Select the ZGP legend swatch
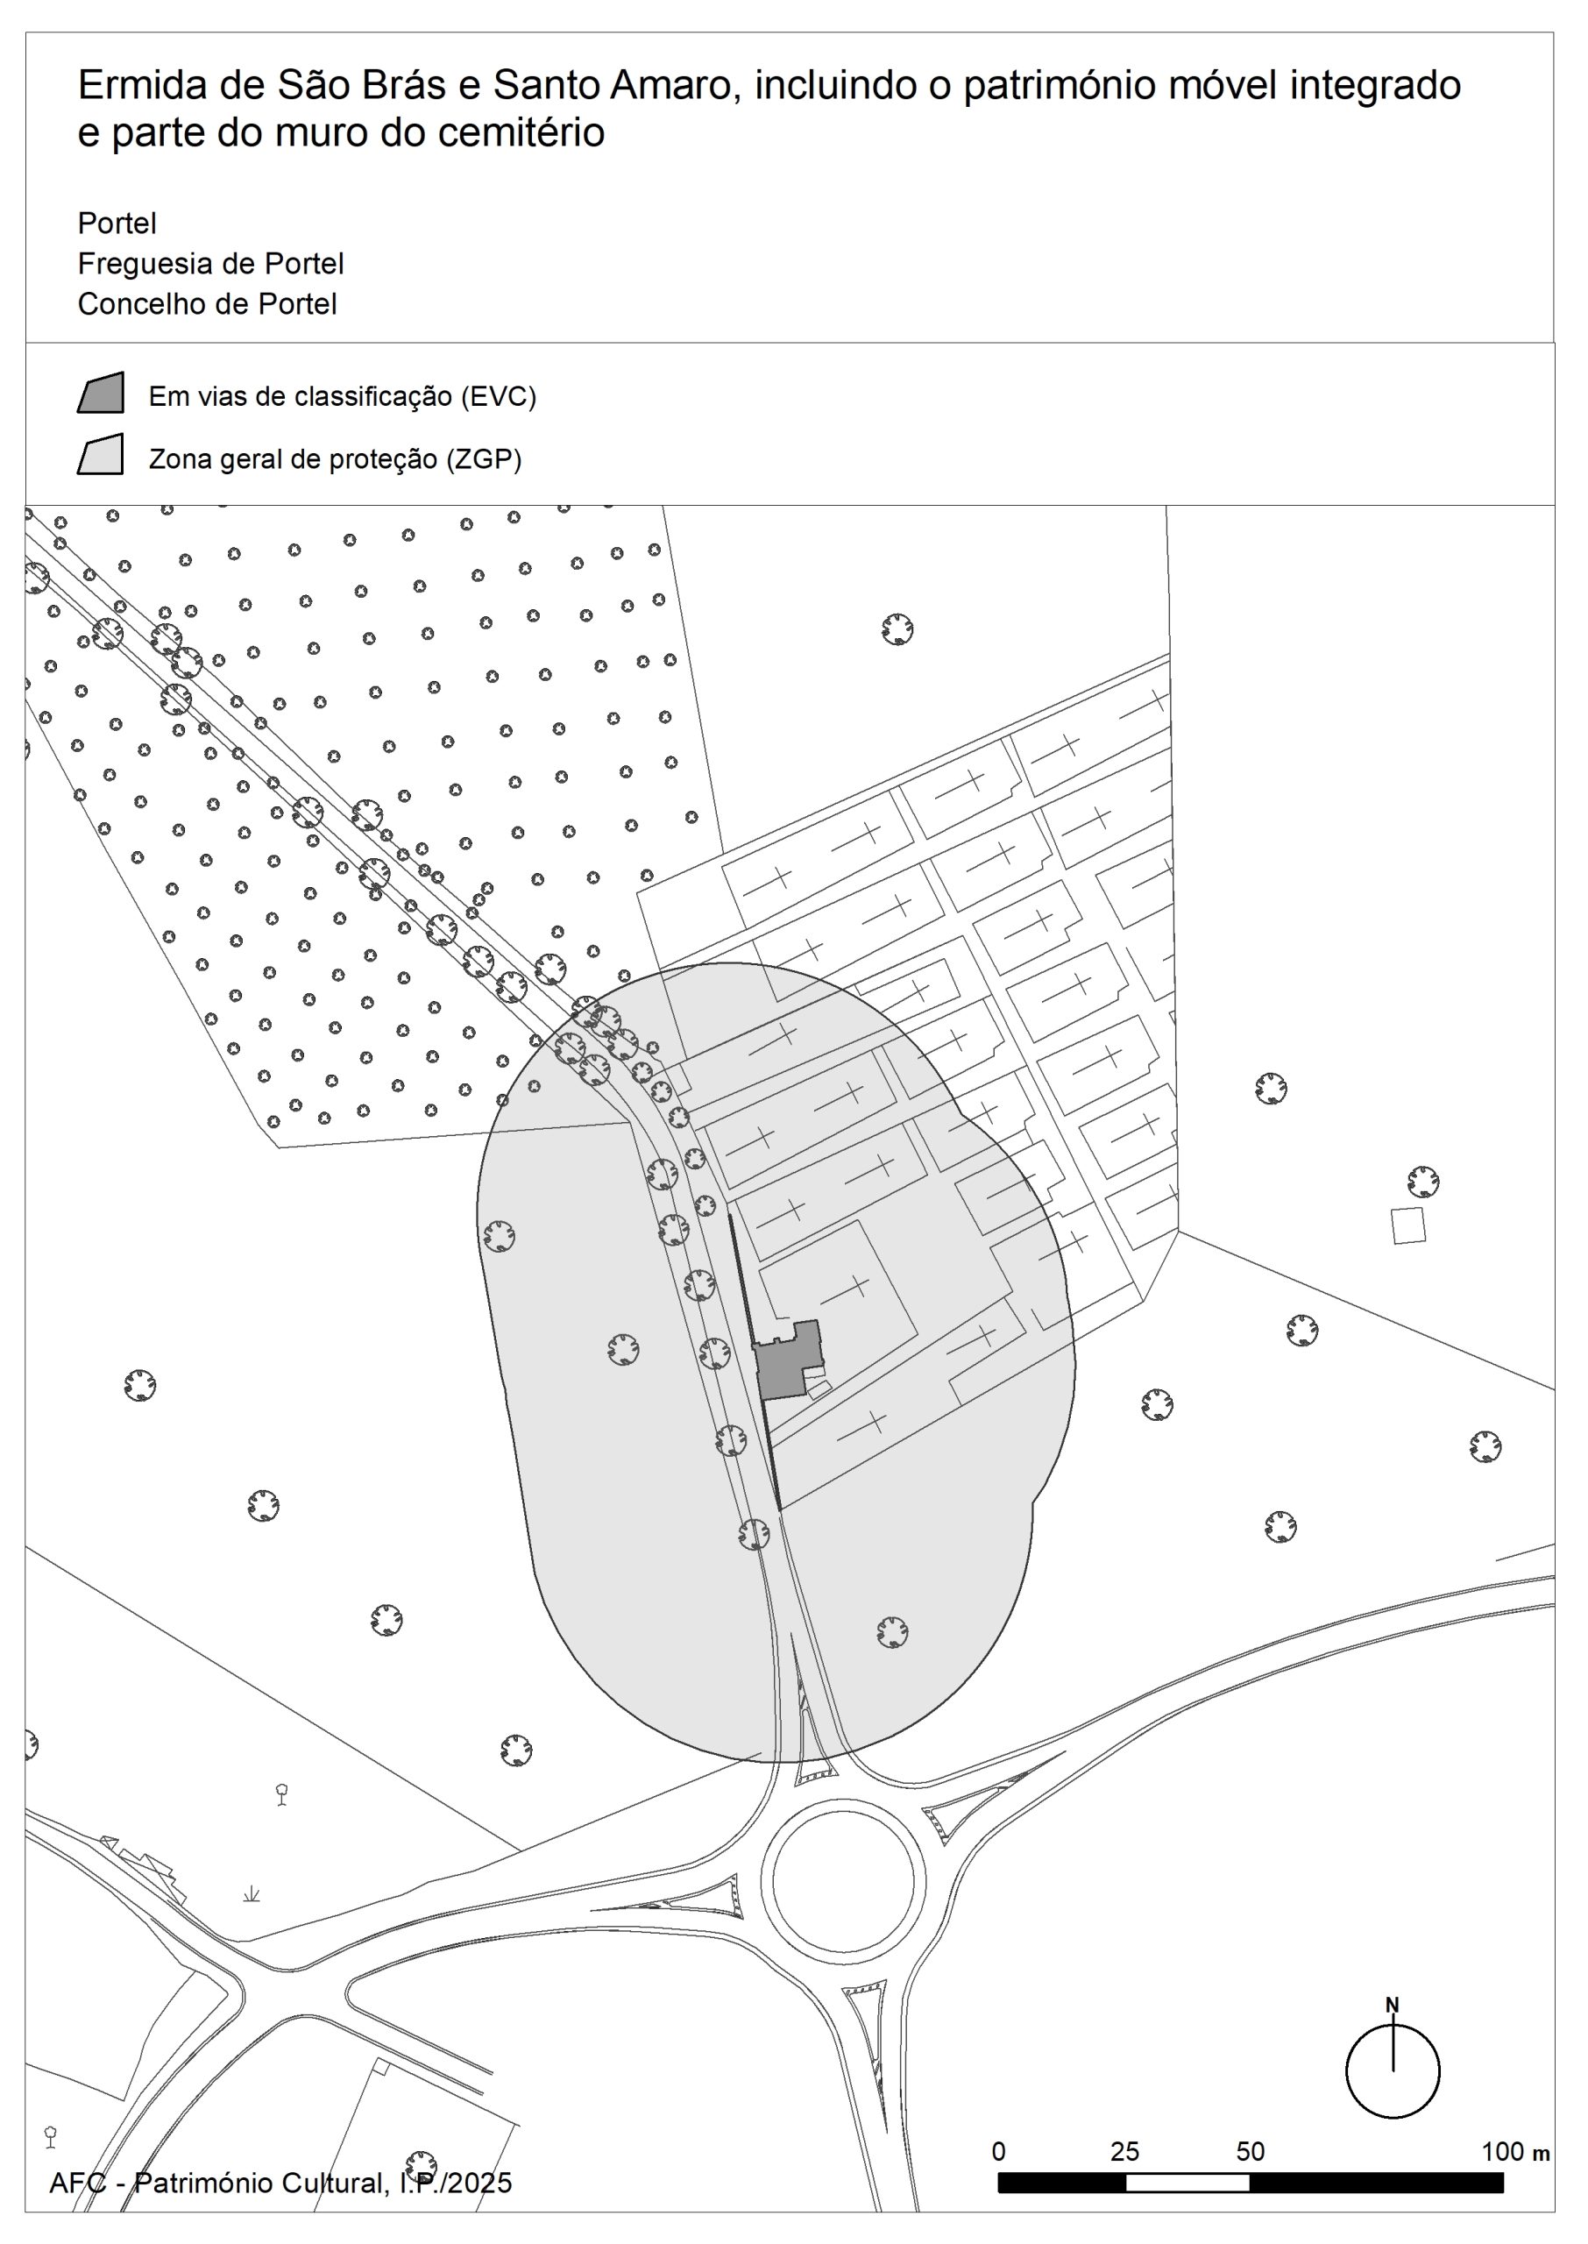pos(101,455)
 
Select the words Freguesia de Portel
pos(210,264)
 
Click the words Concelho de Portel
pos(208,304)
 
